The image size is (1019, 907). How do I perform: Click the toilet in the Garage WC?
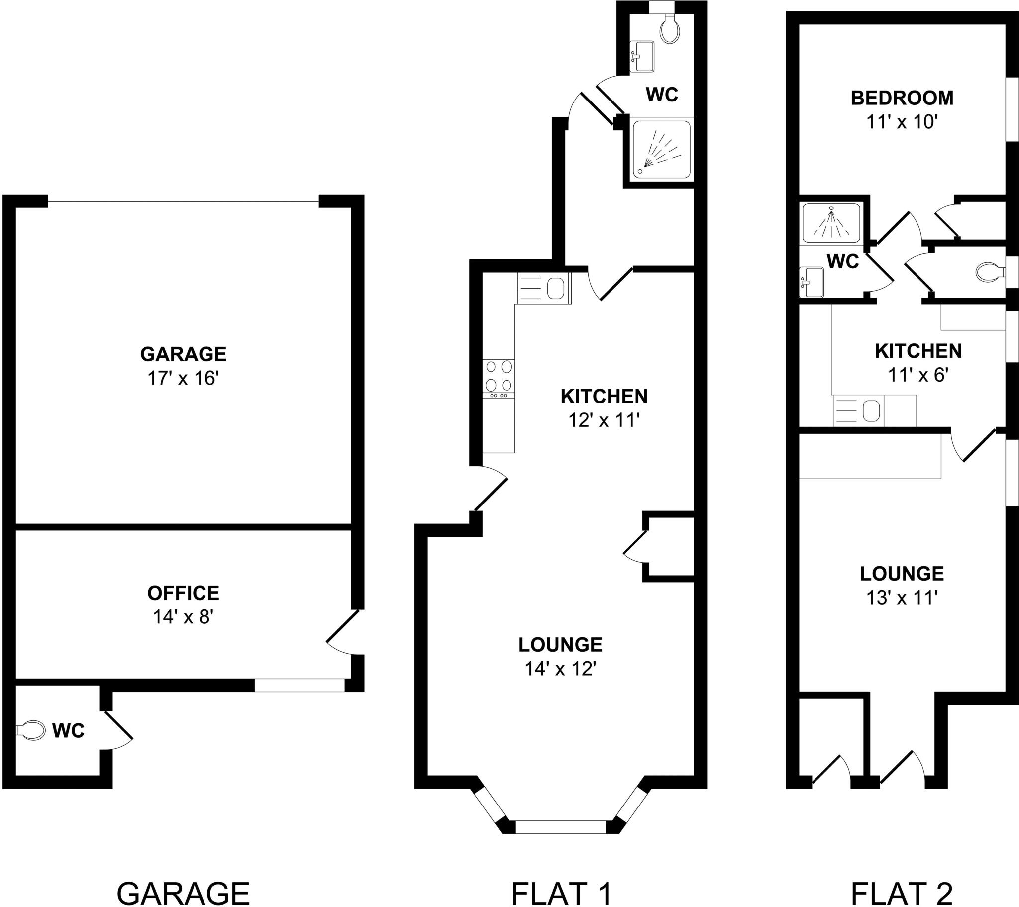[29, 730]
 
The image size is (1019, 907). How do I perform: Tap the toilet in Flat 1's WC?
[670, 29]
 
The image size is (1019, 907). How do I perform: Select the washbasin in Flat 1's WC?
[642, 56]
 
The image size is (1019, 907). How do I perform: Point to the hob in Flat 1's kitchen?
[499, 378]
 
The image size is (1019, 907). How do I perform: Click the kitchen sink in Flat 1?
[544, 288]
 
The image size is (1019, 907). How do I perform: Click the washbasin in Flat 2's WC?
[811, 282]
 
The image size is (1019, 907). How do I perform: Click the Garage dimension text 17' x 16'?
[184, 379]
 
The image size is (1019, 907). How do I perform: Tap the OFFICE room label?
[184, 593]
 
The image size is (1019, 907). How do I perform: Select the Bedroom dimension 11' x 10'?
[903, 122]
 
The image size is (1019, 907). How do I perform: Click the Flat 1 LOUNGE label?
[560, 645]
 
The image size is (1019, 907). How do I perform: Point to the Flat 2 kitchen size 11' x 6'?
[918, 375]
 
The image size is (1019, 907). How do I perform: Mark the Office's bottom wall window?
[300, 685]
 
